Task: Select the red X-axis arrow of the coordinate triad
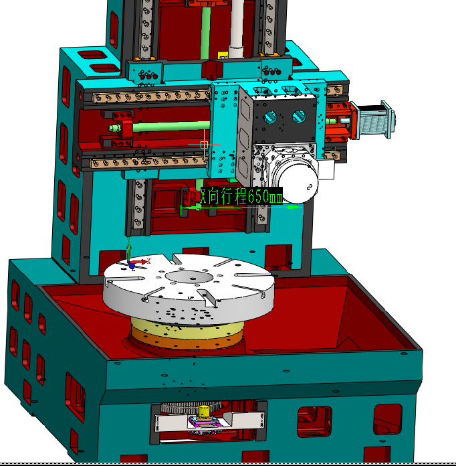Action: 142,260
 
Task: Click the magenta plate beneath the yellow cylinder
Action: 207,422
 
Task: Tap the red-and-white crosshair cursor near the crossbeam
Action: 205,145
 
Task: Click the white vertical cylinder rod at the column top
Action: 235,27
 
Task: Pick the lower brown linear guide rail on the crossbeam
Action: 147,161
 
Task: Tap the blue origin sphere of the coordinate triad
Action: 132,266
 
